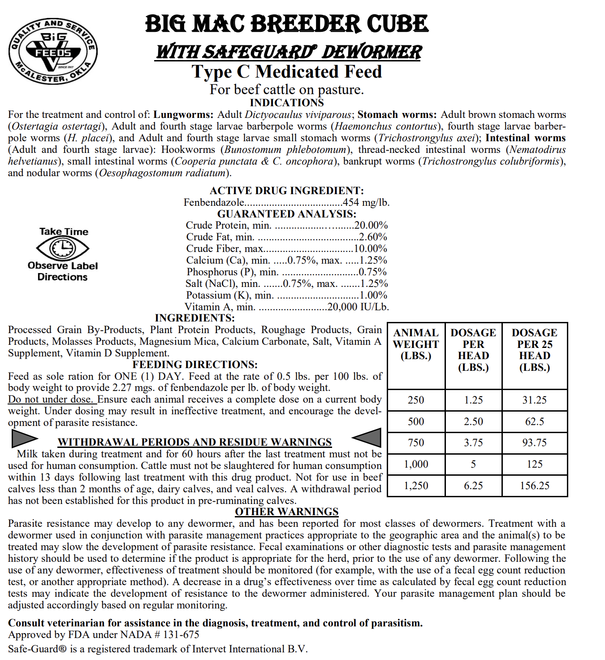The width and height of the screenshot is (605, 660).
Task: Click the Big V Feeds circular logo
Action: (x=53, y=52)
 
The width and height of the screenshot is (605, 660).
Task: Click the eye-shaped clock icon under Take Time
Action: (x=63, y=248)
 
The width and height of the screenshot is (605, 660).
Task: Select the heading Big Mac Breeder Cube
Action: (x=287, y=24)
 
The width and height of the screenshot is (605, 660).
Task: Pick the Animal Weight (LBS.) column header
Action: (x=416, y=344)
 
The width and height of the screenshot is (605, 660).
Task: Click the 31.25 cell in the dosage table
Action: (x=534, y=400)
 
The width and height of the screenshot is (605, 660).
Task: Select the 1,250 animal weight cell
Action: (x=416, y=486)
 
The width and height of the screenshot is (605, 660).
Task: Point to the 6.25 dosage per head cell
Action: (x=473, y=486)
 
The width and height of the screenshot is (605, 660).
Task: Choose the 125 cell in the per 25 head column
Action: (x=534, y=464)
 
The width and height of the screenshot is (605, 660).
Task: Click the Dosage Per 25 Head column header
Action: (x=534, y=350)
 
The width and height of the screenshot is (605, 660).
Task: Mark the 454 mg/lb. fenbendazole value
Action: (x=366, y=202)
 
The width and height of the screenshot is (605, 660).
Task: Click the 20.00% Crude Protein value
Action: (x=371, y=225)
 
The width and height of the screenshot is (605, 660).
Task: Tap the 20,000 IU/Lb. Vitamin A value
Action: (x=358, y=307)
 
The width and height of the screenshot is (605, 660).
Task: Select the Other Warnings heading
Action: (x=287, y=512)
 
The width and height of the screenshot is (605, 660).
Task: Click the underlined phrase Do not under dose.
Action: (x=52, y=399)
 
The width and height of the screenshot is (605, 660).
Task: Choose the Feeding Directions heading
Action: (x=195, y=365)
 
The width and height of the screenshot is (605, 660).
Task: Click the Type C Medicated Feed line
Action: (x=287, y=72)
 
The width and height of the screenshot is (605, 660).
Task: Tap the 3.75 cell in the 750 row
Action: (x=473, y=443)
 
